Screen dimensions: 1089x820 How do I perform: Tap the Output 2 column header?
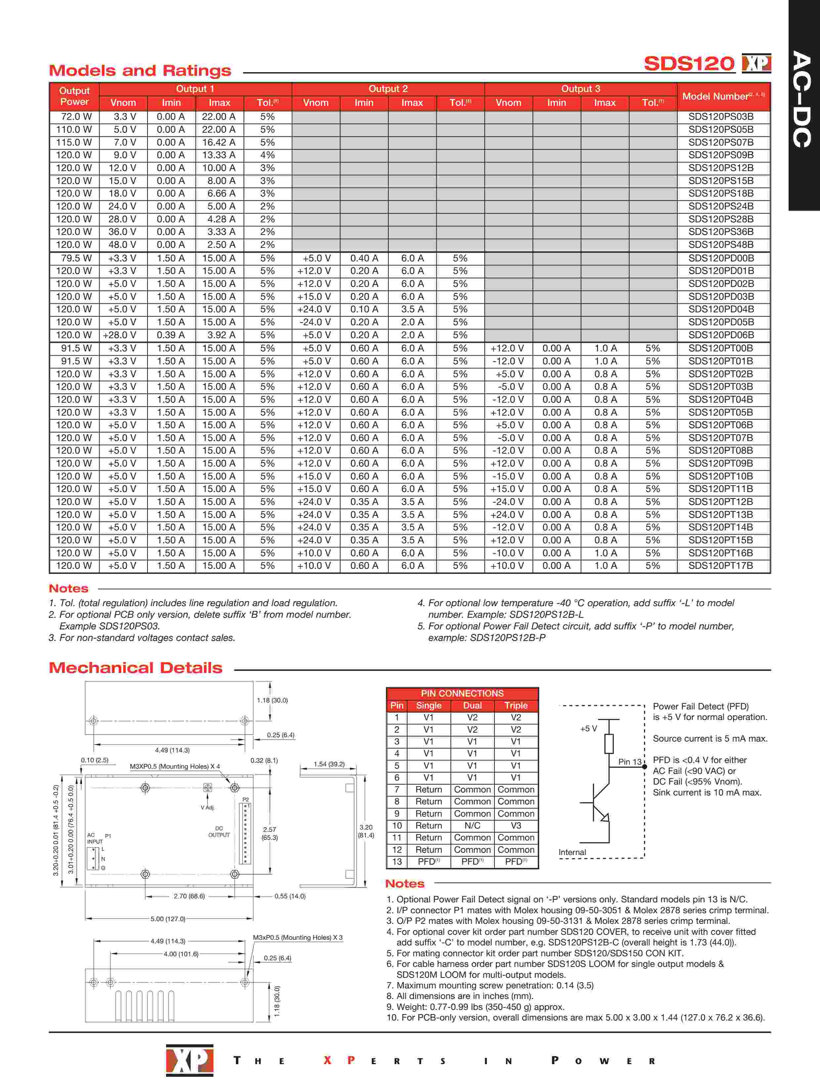[388, 89]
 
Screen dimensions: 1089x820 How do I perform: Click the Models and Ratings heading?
[140, 71]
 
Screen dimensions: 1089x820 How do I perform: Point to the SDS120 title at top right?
[689, 64]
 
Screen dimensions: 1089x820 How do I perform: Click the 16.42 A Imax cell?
[219, 142]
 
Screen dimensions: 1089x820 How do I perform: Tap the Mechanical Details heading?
[136, 668]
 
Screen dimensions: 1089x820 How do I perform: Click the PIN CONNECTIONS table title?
[462, 693]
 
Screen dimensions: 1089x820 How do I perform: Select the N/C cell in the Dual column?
[472, 826]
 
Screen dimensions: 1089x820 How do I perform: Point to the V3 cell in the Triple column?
[515, 826]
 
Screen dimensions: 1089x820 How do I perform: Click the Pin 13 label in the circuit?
[630, 762]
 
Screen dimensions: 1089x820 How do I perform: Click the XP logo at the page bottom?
[190, 1060]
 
